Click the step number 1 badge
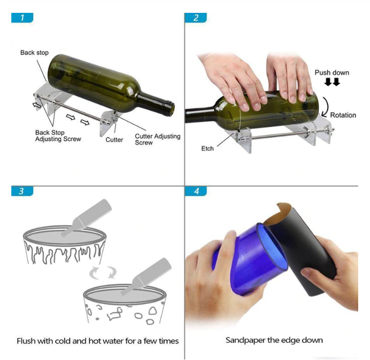pos(22,17)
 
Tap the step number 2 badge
pos(196,17)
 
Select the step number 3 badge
pos(22,191)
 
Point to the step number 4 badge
pos(196,191)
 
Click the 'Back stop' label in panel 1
pos(34,52)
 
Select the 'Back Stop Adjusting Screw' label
pos(58,136)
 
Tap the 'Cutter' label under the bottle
pos(114,140)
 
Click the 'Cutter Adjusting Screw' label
pos(158,139)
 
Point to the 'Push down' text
pos(332,72)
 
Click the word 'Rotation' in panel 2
pos(343,115)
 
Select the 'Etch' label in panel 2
pos(208,148)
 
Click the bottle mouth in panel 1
pos(171,109)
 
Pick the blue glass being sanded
pos(250,259)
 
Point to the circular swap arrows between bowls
pos(103,273)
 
